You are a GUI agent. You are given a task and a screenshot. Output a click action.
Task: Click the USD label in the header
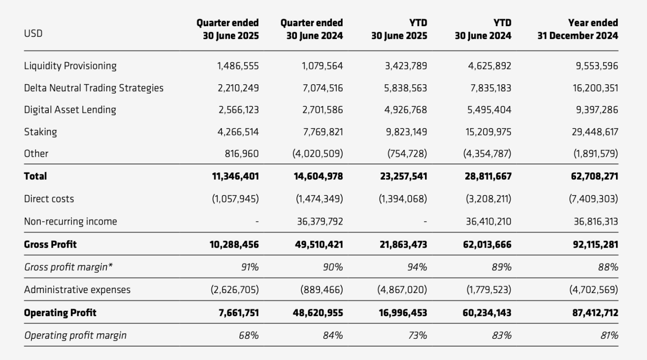pos(33,34)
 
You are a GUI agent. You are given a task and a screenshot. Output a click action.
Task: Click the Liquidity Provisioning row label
pos(70,66)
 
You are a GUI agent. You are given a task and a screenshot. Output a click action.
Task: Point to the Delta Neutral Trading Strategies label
pos(94,88)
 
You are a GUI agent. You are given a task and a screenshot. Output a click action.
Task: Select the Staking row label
pos(40,131)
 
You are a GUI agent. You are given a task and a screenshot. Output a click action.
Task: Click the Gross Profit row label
pos(50,244)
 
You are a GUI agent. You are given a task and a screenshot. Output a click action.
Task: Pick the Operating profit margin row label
pos(75,335)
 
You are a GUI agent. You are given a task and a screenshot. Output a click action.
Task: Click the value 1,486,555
pos(238,66)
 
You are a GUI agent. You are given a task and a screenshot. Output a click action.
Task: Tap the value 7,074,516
pos(323,88)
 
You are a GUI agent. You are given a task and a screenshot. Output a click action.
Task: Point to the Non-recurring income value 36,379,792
pos(320,222)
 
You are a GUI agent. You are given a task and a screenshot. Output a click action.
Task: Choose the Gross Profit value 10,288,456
pos(234,244)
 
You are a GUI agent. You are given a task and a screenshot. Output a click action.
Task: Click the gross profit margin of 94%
pos(418,267)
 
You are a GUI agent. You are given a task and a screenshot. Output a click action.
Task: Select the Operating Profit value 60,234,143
pos(486,313)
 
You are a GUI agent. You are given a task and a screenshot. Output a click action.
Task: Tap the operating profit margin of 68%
pos(249,335)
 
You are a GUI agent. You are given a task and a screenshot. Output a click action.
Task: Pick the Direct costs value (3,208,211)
pos(487,199)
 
